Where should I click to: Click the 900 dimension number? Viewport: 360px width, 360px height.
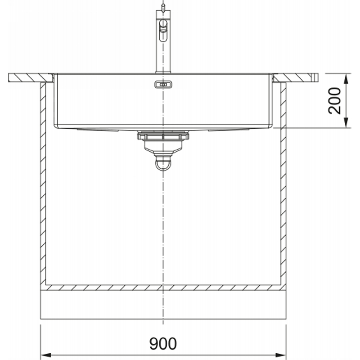(163, 343)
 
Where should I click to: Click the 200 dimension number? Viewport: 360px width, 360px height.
(334, 100)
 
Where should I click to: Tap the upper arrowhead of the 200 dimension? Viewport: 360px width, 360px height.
(346, 79)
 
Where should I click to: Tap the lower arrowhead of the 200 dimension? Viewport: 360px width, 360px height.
(346, 123)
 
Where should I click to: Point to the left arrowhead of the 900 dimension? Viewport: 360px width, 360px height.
(46, 355)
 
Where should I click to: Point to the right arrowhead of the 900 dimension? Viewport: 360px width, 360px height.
(280, 355)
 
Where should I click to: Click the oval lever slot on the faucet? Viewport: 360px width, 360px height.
(163, 30)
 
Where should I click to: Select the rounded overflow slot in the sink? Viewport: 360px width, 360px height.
(163, 85)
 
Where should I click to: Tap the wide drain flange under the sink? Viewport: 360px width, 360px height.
(163, 136)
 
